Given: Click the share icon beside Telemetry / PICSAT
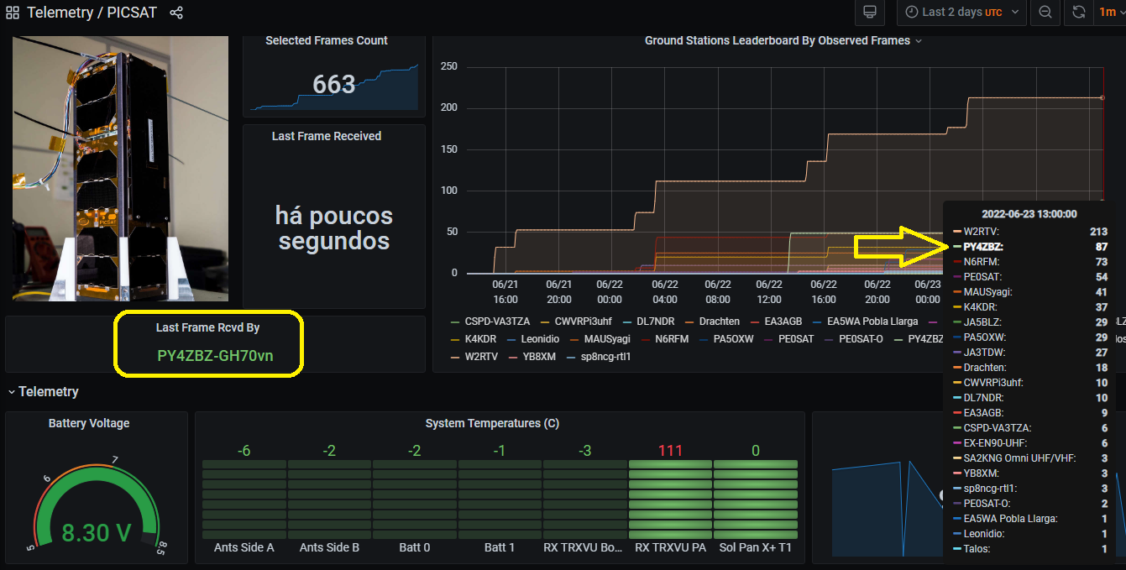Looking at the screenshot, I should pos(176,13).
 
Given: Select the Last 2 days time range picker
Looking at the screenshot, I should pos(961,13).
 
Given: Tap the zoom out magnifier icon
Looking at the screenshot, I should pos(1045,13).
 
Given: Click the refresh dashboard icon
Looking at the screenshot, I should pos(1079,13).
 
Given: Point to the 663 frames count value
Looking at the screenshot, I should pos(334,85).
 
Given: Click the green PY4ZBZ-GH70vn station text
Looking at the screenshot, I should pos(215,355).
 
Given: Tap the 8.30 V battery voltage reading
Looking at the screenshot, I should pos(97,532).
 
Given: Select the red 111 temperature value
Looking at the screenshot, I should pos(670,451).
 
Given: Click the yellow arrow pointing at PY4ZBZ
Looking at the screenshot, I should pos(898,246).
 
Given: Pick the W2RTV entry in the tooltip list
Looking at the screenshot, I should pos(981,232).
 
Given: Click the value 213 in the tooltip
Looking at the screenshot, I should pos(1098,232).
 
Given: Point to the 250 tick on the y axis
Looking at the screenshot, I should pos(448,67).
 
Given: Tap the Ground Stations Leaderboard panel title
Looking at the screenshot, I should pos(777,40).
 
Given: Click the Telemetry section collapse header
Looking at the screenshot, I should pos(48,391).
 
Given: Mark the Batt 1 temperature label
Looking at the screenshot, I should pos(500,547).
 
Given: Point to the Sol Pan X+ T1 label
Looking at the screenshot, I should pos(755,547).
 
